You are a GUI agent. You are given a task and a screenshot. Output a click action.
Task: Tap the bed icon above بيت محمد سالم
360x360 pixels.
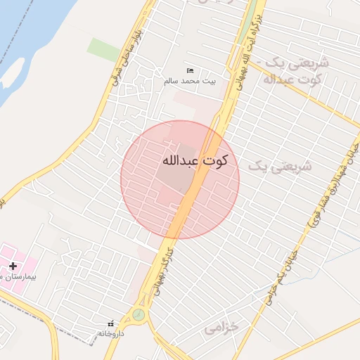coord(190,71)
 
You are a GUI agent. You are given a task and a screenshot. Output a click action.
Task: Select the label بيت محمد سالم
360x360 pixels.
coord(190,82)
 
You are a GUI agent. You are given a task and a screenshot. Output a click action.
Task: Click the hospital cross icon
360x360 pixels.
coord(13,266)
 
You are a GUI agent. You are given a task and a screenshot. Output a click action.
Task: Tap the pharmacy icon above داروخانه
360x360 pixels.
coord(110,323)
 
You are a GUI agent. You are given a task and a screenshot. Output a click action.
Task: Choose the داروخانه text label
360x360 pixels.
coord(110,333)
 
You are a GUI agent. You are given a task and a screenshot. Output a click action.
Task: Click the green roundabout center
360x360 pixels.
coord(139,314)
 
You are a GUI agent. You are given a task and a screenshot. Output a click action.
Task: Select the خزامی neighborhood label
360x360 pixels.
coord(222,328)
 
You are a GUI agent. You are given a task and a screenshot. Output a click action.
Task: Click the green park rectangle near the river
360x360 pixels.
coord(103,49)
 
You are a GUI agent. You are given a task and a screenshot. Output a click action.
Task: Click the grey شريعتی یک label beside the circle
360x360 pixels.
coord(279,166)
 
